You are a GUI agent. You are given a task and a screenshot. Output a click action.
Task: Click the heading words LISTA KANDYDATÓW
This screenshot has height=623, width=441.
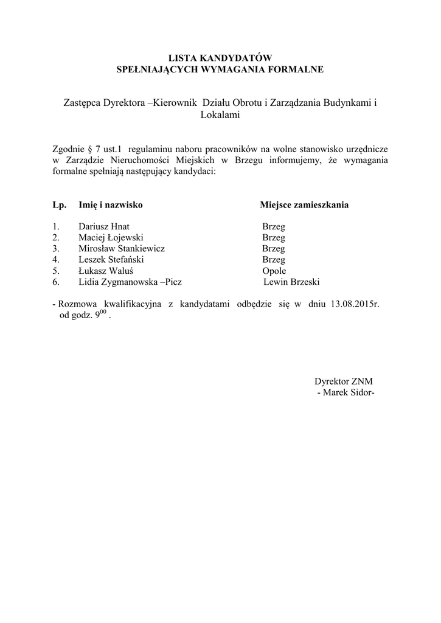coord(220,58)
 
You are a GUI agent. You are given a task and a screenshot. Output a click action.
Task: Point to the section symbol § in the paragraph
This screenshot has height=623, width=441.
coord(91,148)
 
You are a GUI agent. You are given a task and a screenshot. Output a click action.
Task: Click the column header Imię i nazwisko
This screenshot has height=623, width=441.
coord(111,205)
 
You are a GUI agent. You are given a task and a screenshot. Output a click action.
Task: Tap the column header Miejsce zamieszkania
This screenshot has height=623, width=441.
coord(304,205)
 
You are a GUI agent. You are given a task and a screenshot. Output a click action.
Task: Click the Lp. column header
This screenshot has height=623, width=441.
coord(59,205)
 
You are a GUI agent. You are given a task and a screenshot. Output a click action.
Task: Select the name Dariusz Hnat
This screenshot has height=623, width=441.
coord(104,226)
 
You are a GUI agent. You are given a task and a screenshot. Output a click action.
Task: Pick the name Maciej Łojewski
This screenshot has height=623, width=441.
coord(111,237)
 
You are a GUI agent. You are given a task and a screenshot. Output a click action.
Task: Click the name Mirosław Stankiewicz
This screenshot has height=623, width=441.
coord(122,248)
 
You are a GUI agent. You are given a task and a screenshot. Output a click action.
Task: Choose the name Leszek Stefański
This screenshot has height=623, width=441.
coord(111,259)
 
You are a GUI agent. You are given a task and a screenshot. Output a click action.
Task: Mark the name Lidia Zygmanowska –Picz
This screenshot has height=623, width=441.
coord(130,282)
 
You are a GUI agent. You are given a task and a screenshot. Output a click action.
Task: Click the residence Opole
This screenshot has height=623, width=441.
coord(274,271)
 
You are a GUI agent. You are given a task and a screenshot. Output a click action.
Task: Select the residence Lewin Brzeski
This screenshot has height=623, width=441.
coord(292,282)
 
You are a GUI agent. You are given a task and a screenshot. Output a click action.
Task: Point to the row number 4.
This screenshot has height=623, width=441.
coord(55,259)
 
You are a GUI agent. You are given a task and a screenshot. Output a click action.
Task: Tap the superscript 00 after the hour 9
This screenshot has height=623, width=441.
coord(103,312)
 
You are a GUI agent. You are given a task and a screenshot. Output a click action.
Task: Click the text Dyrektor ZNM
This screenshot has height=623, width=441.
coord(343,381)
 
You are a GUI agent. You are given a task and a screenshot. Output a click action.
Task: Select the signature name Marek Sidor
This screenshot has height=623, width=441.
coord(347,393)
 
